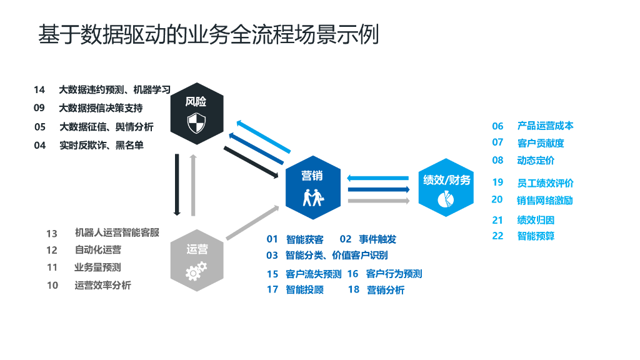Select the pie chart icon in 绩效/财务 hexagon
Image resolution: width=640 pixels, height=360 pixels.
coord(446,199)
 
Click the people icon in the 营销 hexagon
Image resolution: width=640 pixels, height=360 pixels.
coord(312,196)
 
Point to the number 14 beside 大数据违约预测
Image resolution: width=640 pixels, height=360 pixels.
coord(39,90)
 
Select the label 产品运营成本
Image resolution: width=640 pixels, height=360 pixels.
coord(545,126)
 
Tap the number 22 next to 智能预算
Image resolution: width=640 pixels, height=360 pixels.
coord(497,236)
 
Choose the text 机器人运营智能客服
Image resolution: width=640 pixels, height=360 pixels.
coord(117,232)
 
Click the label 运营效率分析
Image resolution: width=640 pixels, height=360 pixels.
coord(102,285)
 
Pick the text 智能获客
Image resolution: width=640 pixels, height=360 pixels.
coord(304,239)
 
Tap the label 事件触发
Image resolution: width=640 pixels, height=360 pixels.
coord(377,239)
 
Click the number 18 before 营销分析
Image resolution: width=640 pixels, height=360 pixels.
coord(354,289)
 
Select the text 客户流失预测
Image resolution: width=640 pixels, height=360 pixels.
coord(313,274)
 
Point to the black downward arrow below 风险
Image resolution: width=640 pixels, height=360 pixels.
coord(177,184)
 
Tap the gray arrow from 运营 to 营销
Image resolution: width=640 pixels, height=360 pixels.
coord(252,222)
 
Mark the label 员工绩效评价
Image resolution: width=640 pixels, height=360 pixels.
coord(545,183)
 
